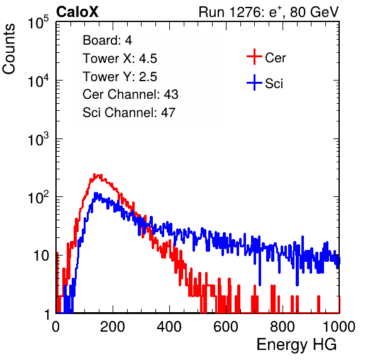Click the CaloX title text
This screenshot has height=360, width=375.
point(77,12)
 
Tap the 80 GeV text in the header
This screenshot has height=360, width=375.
point(314,12)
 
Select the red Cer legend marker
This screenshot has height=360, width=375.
point(254,57)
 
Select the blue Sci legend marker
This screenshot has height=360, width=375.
point(254,83)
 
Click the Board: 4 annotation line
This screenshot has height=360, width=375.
point(108,40)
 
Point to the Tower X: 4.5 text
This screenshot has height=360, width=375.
point(120,59)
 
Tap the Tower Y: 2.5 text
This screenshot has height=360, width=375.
point(120,77)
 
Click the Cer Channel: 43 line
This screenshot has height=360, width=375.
point(130,94)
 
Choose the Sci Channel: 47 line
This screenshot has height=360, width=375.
point(129,113)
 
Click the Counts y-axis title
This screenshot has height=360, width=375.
point(9,49)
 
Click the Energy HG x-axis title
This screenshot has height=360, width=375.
point(296,345)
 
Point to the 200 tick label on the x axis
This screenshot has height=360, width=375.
point(113,327)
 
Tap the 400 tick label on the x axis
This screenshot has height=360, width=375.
point(169,327)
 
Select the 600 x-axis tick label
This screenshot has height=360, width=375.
point(226,327)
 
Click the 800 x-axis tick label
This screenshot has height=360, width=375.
point(283,327)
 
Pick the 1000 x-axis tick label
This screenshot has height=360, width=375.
point(339,327)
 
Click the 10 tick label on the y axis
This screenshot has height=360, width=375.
point(41,256)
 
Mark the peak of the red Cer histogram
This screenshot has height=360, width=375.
point(94,174)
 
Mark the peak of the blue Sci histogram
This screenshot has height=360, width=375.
point(96,193)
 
